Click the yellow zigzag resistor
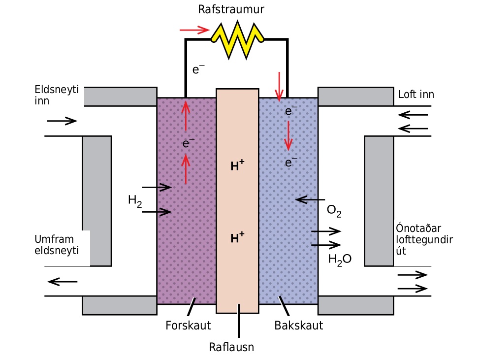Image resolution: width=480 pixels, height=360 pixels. click(x=237, y=39)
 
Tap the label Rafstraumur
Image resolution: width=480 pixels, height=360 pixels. click(x=231, y=9)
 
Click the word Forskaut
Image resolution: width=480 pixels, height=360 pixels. click(x=188, y=326)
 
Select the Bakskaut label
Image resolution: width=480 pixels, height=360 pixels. click(x=298, y=326)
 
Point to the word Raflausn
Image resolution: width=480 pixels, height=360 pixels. click(x=231, y=347)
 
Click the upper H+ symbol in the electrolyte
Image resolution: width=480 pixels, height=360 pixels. click(x=237, y=165)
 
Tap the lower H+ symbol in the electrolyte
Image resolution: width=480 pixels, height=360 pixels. click(x=237, y=237)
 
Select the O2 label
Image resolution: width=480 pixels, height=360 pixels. click(x=334, y=211)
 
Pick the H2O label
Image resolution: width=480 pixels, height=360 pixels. click(x=340, y=260)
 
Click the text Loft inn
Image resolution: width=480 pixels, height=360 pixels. click(x=416, y=94)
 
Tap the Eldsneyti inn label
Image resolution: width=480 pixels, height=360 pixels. click(x=57, y=95)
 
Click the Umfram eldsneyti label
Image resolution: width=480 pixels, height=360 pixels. click(x=57, y=245)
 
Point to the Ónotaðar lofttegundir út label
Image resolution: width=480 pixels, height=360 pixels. click(x=424, y=239)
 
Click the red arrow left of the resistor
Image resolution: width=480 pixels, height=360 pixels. click(x=194, y=30)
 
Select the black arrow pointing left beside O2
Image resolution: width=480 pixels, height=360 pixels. click(x=310, y=200)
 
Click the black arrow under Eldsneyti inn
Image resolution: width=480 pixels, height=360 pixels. click(x=62, y=121)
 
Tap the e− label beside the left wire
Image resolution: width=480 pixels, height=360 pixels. click(x=198, y=69)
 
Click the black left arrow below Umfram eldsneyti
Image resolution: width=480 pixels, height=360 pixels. click(x=63, y=282)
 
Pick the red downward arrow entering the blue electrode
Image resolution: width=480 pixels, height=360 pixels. click(x=279, y=87)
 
